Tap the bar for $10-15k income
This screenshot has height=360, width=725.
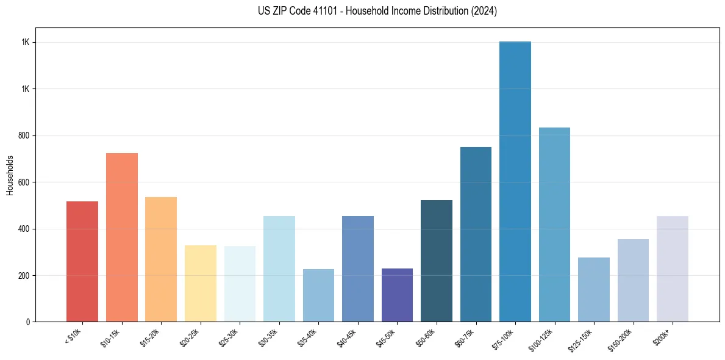122,237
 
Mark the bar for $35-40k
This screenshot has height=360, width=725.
318,295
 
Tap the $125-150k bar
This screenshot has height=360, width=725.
593,289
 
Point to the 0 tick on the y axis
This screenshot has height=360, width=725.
28,322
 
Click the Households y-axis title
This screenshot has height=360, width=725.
10,175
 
